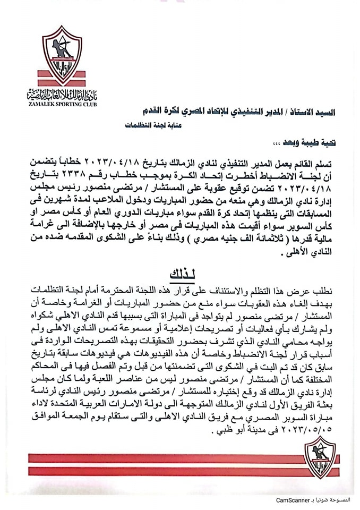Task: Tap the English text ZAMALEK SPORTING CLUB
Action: coord(62,105)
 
